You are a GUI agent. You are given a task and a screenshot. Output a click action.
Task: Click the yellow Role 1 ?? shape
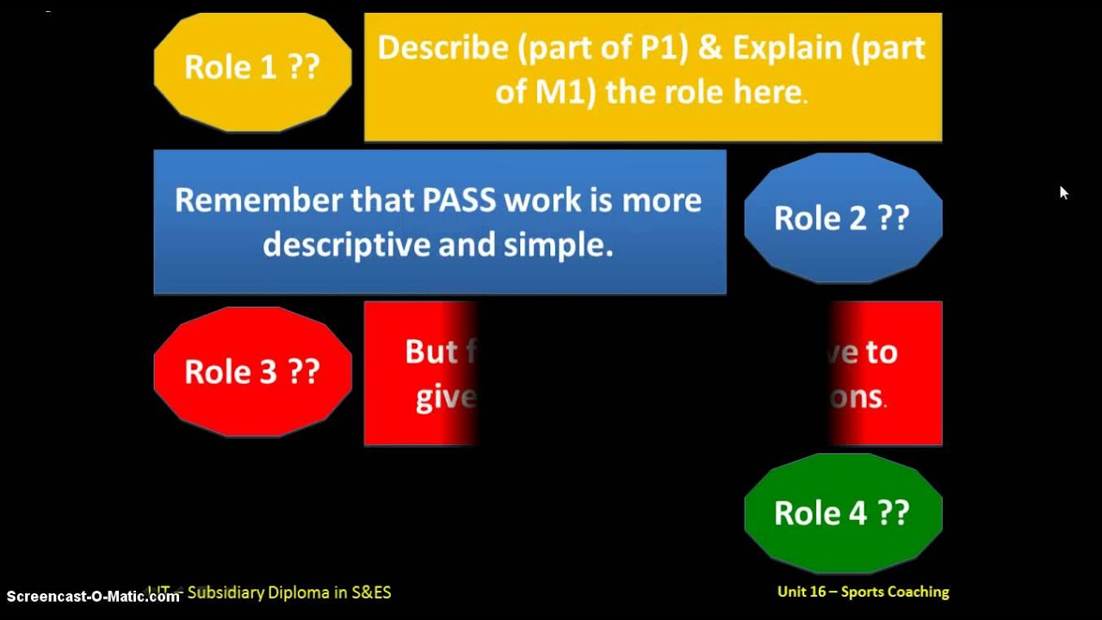point(252,67)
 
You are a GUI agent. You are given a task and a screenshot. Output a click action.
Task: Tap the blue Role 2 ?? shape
point(842,218)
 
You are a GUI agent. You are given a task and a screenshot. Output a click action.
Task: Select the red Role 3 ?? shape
point(252,371)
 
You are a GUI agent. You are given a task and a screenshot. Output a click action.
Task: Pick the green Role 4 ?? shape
point(842,513)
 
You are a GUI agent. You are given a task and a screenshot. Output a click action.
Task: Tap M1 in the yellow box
point(564,91)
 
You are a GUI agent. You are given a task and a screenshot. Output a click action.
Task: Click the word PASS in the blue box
point(459,201)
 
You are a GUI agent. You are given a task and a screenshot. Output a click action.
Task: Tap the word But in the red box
point(430,351)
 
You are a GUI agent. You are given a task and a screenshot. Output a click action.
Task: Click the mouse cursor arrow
point(1063,192)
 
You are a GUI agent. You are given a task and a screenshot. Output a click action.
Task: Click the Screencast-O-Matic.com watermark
point(92,596)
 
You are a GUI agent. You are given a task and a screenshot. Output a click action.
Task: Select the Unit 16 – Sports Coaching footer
point(863,592)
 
